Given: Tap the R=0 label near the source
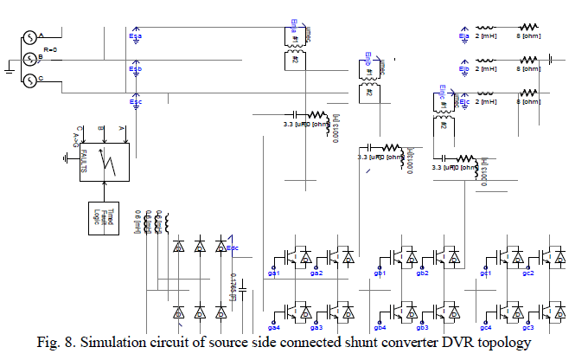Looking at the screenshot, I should pyautogui.click(x=54, y=51).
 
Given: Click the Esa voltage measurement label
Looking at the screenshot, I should pyautogui.click(x=136, y=37).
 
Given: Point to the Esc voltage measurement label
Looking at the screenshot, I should pyautogui.click(x=136, y=100).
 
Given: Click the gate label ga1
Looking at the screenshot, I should pyautogui.click(x=275, y=273).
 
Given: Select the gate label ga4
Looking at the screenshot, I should pyautogui.click(x=275, y=327).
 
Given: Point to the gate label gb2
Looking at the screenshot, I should pyautogui.click(x=422, y=273).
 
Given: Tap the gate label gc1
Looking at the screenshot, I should pyautogui.click(x=486, y=273).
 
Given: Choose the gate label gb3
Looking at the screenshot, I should pyautogui.click(x=422, y=327).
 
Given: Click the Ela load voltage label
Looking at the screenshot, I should pyautogui.click(x=464, y=35).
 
